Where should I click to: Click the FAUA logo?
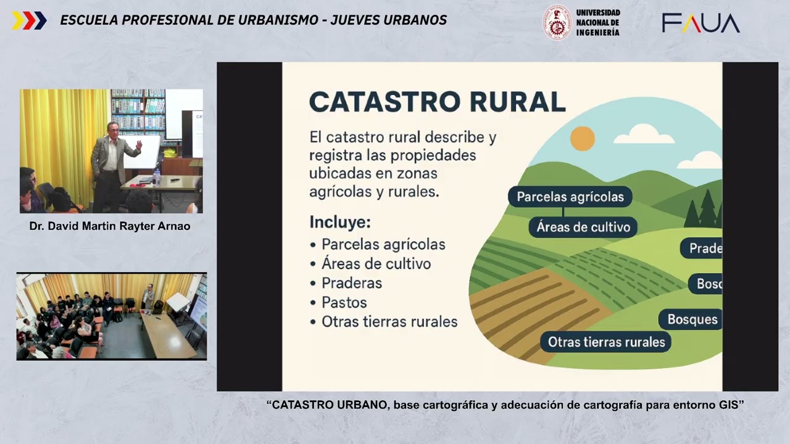coord(701,23)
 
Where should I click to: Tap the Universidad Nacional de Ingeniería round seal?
coord(557,22)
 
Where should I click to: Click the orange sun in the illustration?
coord(582,138)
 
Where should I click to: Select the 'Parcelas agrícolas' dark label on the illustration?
coord(570,197)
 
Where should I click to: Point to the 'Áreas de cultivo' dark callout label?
coord(583,227)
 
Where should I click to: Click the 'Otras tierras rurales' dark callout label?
coord(606,342)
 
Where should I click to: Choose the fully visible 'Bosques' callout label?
coord(692,319)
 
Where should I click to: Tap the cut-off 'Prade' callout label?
coord(703,249)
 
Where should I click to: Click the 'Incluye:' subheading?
coord(340,222)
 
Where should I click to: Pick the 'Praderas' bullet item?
coord(351,283)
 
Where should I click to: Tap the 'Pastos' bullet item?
coord(344,303)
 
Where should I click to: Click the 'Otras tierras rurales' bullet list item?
coord(389,322)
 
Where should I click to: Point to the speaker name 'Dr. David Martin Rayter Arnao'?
coord(110,226)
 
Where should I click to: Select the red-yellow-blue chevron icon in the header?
coord(29,20)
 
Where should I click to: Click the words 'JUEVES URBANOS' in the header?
coord(389,20)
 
